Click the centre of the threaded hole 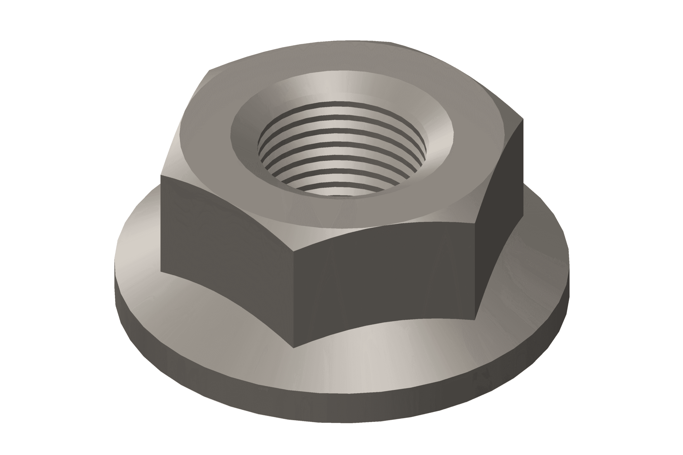342,151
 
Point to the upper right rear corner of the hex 523,119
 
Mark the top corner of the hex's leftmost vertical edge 161,175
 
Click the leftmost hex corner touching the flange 161,272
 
